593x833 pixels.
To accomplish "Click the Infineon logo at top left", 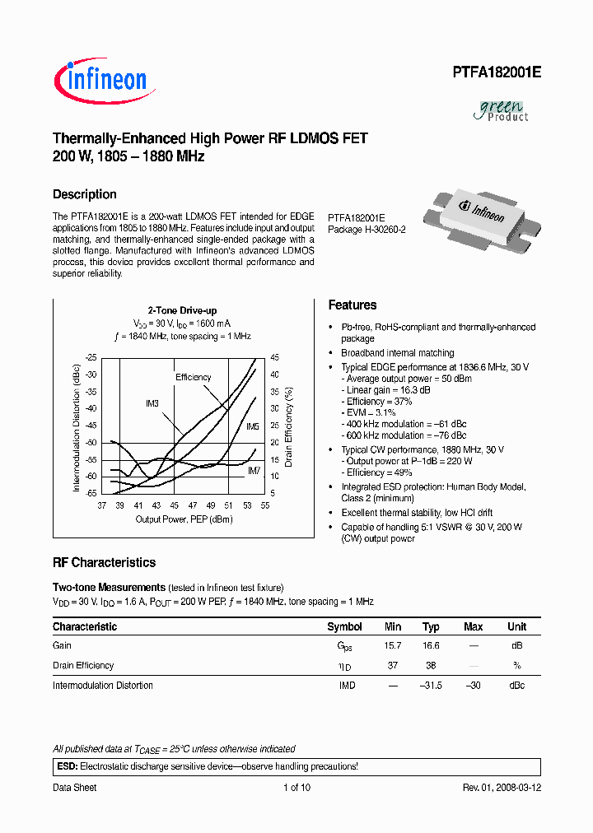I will point(100,80).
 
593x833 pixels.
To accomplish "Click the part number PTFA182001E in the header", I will point(496,72).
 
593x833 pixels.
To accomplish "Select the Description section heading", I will point(85,194).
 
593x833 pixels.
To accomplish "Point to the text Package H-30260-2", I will point(367,230).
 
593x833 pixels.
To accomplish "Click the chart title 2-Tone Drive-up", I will point(182,310).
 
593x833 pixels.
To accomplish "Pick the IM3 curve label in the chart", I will point(152,403).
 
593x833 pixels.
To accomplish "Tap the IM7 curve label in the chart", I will point(254,470).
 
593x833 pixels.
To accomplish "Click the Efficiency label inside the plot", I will point(193,377).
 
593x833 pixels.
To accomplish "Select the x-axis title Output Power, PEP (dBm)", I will point(184,519).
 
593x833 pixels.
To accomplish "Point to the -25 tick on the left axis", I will point(91,357).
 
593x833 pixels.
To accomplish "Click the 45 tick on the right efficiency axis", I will point(274,357).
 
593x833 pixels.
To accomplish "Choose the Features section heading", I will point(353,305).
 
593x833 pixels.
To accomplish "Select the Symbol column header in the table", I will point(344,626).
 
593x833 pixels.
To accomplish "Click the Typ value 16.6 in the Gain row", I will point(431,646).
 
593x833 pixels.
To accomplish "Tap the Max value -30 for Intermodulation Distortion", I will point(473,686).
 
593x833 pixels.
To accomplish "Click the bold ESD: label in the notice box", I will point(67,766).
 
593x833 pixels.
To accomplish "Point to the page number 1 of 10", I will point(296,788).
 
